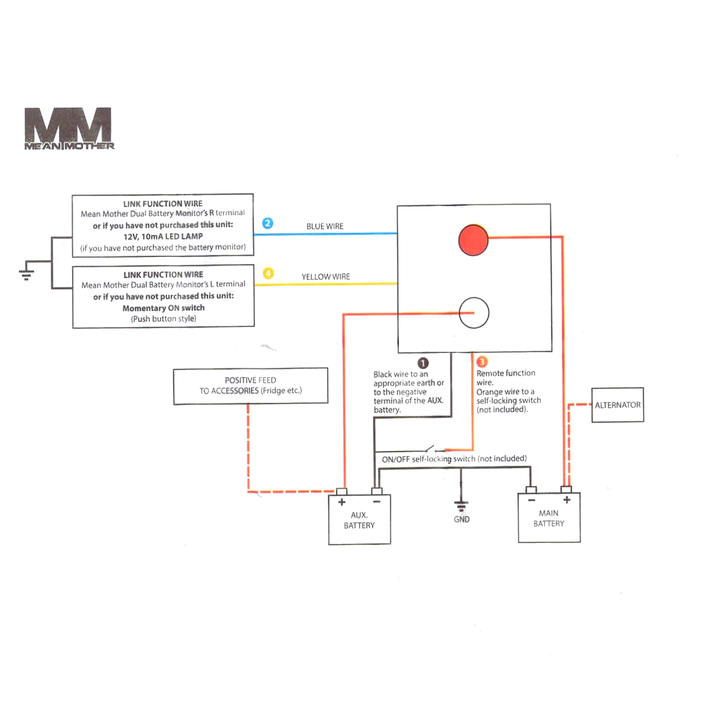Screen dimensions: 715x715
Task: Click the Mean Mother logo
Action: (x=69, y=128)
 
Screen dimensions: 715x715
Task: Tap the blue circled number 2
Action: (x=267, y=223)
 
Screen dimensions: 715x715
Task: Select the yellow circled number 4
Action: (x=268, y=273)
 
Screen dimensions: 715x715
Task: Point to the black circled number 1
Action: (x=423, y=363)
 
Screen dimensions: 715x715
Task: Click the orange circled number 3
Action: (x=482, y=362)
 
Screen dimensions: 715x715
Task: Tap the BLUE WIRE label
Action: (x=325, y=227)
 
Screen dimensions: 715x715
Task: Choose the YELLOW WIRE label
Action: (x=326, y=277)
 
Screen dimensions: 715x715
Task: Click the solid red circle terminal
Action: (x=473, y=240)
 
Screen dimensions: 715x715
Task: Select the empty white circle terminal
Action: (x=474, y=312)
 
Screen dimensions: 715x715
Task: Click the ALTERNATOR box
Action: (x=618, y=405)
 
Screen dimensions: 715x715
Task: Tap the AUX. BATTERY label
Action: (x=359, y=520)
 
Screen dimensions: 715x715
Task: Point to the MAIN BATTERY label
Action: (x=549, y=518)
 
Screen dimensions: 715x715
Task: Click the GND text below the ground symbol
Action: (x=462, y=519)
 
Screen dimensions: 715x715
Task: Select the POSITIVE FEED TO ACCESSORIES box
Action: (x=250, y=386)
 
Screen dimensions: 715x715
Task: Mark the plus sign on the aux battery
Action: (x=342, y=502)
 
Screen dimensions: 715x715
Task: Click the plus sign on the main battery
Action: (x=567, y=500)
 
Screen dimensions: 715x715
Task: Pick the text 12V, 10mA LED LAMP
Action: (x=163, y=236)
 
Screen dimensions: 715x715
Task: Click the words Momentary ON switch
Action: (x=164, y=308)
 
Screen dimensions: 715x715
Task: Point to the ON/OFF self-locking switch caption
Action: (x=454, y=459)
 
